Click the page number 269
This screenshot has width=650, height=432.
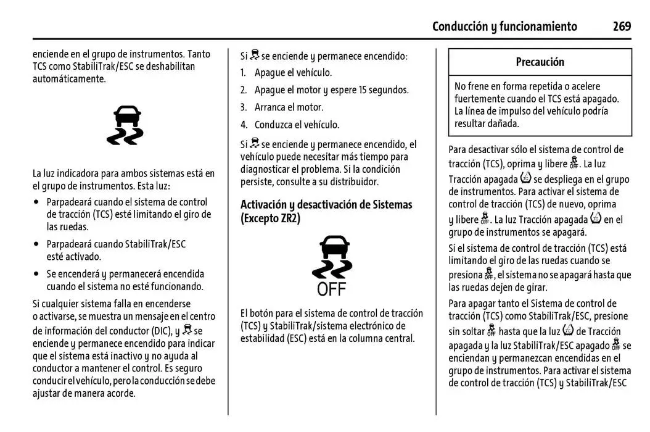[621, 26]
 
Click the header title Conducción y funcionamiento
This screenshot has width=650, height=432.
[504, 26]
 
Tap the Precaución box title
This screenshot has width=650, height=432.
[540, 62]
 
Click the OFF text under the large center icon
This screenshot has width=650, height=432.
[332, 289]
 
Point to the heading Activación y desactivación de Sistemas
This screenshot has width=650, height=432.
[326, 204]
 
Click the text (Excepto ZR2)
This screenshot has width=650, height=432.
[270, 218]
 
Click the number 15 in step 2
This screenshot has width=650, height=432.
[363, 90]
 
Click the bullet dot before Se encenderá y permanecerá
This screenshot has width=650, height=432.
[38, 273]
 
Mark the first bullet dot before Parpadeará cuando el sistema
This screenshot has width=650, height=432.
[38, 202]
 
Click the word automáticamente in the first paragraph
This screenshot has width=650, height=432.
[69, 79]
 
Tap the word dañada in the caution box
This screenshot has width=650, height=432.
[504, 123]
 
